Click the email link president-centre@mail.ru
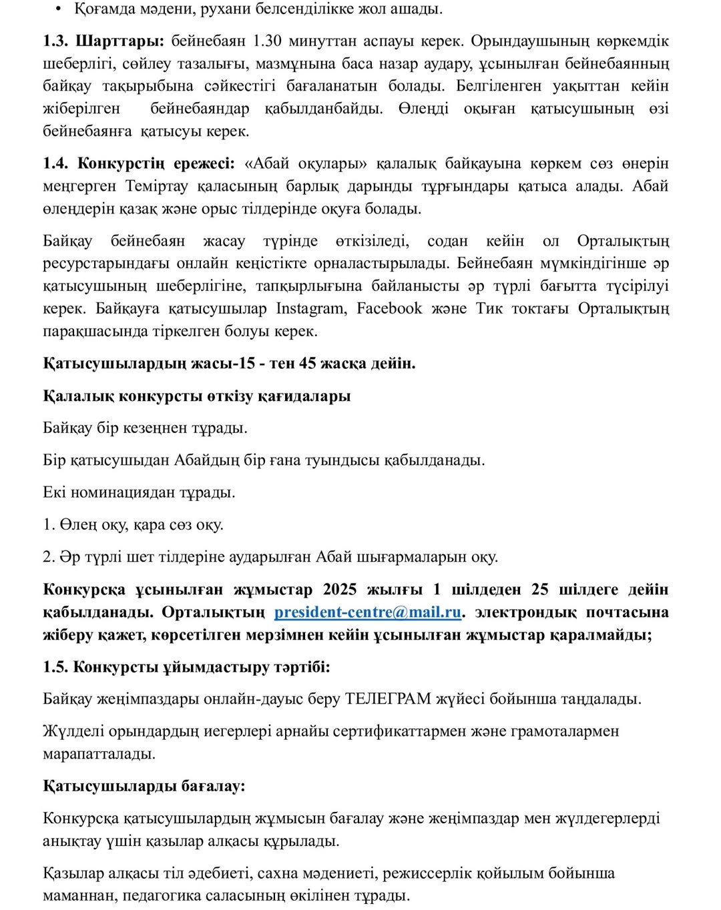(x=368, y=612)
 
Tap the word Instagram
(x=310, y=308)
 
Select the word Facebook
(x=389, y=308)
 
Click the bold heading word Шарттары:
(x=119, y=41)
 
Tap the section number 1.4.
(x=57, y=163)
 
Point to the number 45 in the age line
(x=308, y=363)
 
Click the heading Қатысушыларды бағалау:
(x=144, y=785)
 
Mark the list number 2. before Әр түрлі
(x=49, y=556)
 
